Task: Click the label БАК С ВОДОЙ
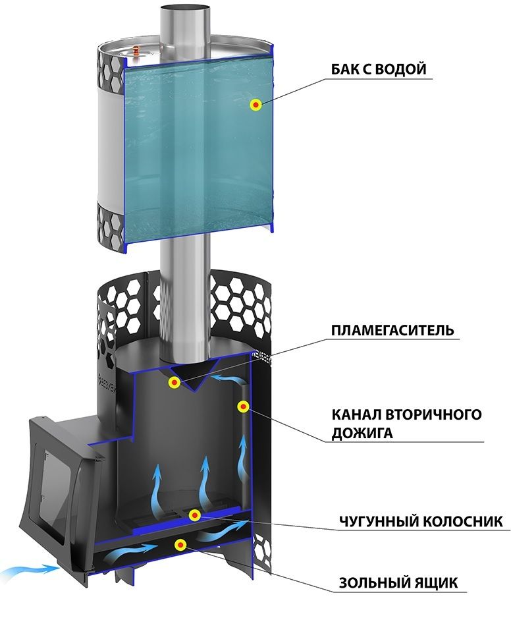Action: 378,69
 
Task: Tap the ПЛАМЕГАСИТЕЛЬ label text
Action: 392,329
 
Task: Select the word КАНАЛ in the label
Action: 355,414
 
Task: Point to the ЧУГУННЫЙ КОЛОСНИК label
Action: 421,520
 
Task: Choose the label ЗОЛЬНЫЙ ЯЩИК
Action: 398,582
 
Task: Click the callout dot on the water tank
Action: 256,105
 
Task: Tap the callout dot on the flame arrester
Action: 174,381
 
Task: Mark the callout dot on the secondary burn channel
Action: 243,406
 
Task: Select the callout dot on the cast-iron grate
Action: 194,515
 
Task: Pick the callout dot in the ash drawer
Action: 181,545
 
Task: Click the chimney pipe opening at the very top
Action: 184,8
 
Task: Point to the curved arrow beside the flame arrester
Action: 230,379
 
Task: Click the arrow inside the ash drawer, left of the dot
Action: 133,551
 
